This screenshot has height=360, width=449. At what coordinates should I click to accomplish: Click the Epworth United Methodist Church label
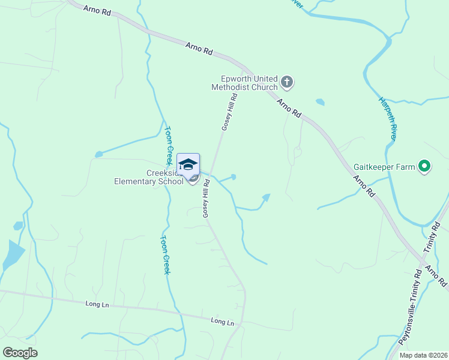coord(244,83)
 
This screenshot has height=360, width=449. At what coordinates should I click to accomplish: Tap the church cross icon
coord(287,82)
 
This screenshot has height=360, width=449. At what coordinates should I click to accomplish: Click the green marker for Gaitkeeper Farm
coord(425,166)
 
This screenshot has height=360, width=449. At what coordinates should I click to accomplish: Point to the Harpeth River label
coord(388,118)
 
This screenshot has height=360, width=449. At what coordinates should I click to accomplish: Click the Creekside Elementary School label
coord(149,178)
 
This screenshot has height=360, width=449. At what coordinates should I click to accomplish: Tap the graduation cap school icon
coord(188,164)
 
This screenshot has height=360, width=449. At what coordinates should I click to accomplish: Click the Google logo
coord(20,353)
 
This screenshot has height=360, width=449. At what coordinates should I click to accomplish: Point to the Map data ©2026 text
coord(423,355)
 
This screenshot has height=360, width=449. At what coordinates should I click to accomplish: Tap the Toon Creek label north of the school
coord(169,146)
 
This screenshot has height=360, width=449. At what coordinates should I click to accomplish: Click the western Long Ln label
coord(97,305)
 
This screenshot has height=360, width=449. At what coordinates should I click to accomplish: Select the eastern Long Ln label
coord(222,322)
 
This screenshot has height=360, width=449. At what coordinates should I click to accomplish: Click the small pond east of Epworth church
coord(320,102)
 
